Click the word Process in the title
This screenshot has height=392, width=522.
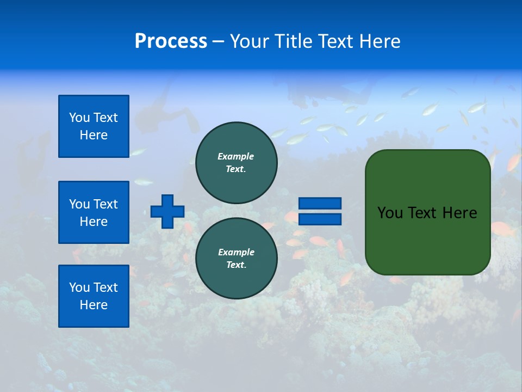171,41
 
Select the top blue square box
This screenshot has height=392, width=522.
94,126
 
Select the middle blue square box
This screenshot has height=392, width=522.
94,212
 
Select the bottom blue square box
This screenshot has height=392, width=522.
94,296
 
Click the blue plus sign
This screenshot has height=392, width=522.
167,211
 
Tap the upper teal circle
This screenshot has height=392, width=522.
237,163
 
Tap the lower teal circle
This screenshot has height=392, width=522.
237,259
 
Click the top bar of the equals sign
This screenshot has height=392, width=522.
320,204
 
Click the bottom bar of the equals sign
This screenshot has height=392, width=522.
320,219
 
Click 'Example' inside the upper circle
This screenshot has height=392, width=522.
235,156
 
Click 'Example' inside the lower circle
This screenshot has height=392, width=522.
235,252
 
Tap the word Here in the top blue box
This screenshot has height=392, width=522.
94,135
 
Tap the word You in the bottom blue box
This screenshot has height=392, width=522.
79,287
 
